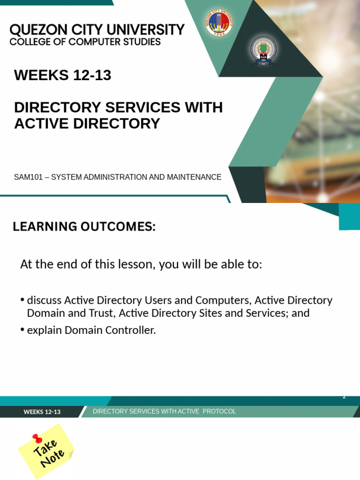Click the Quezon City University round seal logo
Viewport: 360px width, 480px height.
pos(218,22)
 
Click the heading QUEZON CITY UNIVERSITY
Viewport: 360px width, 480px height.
pos(97,30)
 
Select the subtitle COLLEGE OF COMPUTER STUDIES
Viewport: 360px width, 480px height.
pos(85,42)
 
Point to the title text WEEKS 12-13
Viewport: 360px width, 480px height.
pos(63,75)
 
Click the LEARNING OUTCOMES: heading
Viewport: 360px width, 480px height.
pos(84,227)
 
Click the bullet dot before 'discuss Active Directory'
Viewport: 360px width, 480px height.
pos(22,300)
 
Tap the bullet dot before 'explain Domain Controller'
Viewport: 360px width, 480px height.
pos(22,330)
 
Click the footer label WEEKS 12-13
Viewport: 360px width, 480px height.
pos(42,412)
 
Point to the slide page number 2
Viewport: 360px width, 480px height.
pos(344,397)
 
